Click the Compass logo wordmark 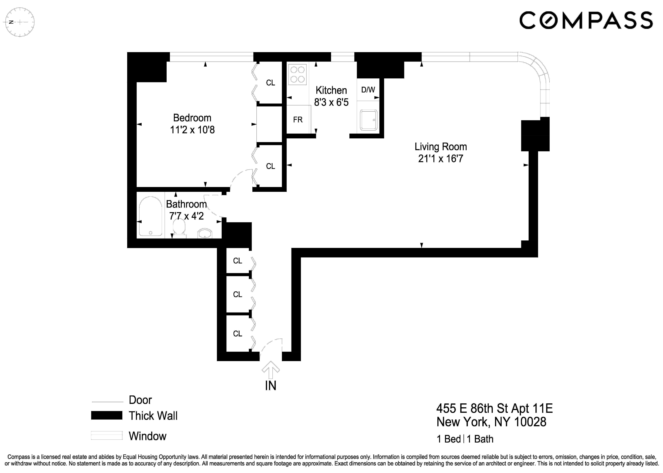586,20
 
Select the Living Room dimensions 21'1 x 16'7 440,159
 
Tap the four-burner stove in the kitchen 297,74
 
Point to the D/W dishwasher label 368,90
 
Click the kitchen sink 369,120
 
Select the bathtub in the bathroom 150,216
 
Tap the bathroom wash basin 205,233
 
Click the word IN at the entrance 271,386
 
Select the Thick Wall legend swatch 107,415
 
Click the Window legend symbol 107,435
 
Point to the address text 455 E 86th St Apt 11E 494,408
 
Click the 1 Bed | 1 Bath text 465,439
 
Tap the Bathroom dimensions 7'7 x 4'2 187,216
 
